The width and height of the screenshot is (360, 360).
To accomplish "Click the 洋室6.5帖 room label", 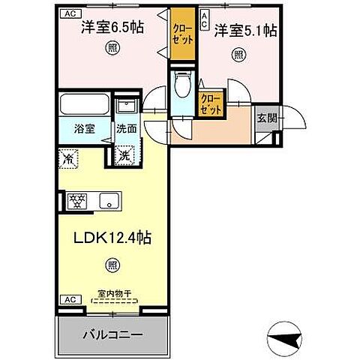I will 112,31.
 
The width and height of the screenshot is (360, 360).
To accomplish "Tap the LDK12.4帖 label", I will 112,238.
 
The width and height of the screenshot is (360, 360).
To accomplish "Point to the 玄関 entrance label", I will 268,118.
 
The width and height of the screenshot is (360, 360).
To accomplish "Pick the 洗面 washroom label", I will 125,129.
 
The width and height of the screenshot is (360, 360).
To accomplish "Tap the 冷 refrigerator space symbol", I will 67,158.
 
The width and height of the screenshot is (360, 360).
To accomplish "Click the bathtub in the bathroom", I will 83,104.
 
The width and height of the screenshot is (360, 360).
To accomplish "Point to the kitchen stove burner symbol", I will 78,200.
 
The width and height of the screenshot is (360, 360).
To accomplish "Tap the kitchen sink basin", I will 110,200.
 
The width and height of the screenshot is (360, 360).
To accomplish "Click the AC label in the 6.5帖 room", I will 68,13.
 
